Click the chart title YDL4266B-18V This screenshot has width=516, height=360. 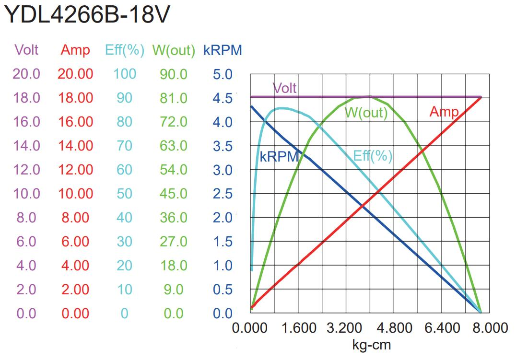tap(86, 15)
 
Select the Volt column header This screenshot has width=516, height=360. tap(26, 50)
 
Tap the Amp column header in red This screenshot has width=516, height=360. tap(75, 50)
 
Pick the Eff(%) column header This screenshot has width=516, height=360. tap(125, 50)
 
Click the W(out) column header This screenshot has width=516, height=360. tap(174, 50)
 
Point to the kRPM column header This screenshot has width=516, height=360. tap(223, 50)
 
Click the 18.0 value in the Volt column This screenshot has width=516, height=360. tap(26, 98)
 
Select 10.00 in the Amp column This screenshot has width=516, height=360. tap(75, 194)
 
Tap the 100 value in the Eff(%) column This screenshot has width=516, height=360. tap(125, 74)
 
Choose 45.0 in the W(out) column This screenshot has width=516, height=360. tap(174, 194)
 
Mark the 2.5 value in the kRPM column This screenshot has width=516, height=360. tap(223, 194)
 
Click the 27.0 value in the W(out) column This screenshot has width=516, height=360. tap(174, 242)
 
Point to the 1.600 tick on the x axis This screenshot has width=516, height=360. tap(298, 328)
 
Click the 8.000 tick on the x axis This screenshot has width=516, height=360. tap(489, 328)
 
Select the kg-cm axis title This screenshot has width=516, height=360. tap(371, 345)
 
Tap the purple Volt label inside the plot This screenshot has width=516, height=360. tap(285, 88)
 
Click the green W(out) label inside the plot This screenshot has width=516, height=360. tap(366, 113)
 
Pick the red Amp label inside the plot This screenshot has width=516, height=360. tap(444, 112)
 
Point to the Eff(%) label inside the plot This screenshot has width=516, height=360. tap(373, 156)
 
